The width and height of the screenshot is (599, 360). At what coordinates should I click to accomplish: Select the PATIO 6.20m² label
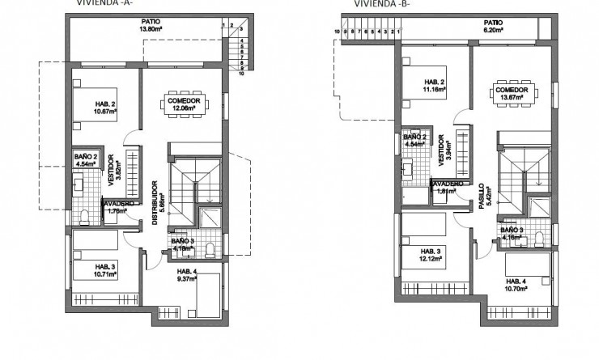pos(493,27)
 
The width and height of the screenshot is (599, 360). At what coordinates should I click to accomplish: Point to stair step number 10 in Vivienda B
pos(336,32)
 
